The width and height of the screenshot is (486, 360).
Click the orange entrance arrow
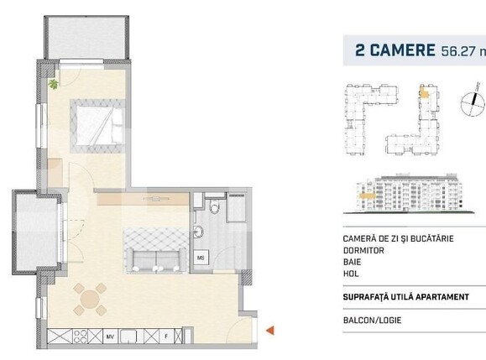tap(270, 331)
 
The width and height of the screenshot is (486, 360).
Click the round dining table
tap(89, 298)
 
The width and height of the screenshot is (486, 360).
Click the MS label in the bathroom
tap(201, 258)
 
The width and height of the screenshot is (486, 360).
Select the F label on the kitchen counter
tap(166, 336)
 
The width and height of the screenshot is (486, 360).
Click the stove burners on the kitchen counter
tap(82, 336)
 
